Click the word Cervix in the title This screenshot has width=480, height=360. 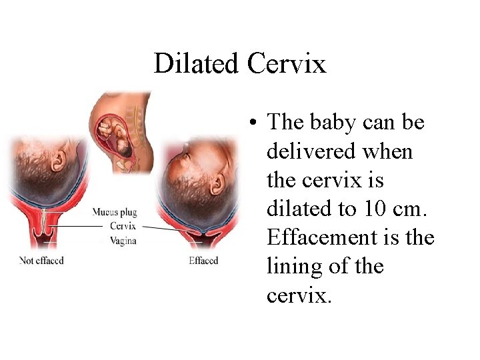point(286,64)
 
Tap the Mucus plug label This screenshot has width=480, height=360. point(115,212)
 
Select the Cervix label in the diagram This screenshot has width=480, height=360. point(123,226)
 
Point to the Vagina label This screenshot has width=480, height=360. point(123,240)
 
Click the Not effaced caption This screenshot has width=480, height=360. point(42,261)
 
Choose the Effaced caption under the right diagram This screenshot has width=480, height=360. point(203,261)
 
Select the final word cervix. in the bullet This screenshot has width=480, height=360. point(298,295)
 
